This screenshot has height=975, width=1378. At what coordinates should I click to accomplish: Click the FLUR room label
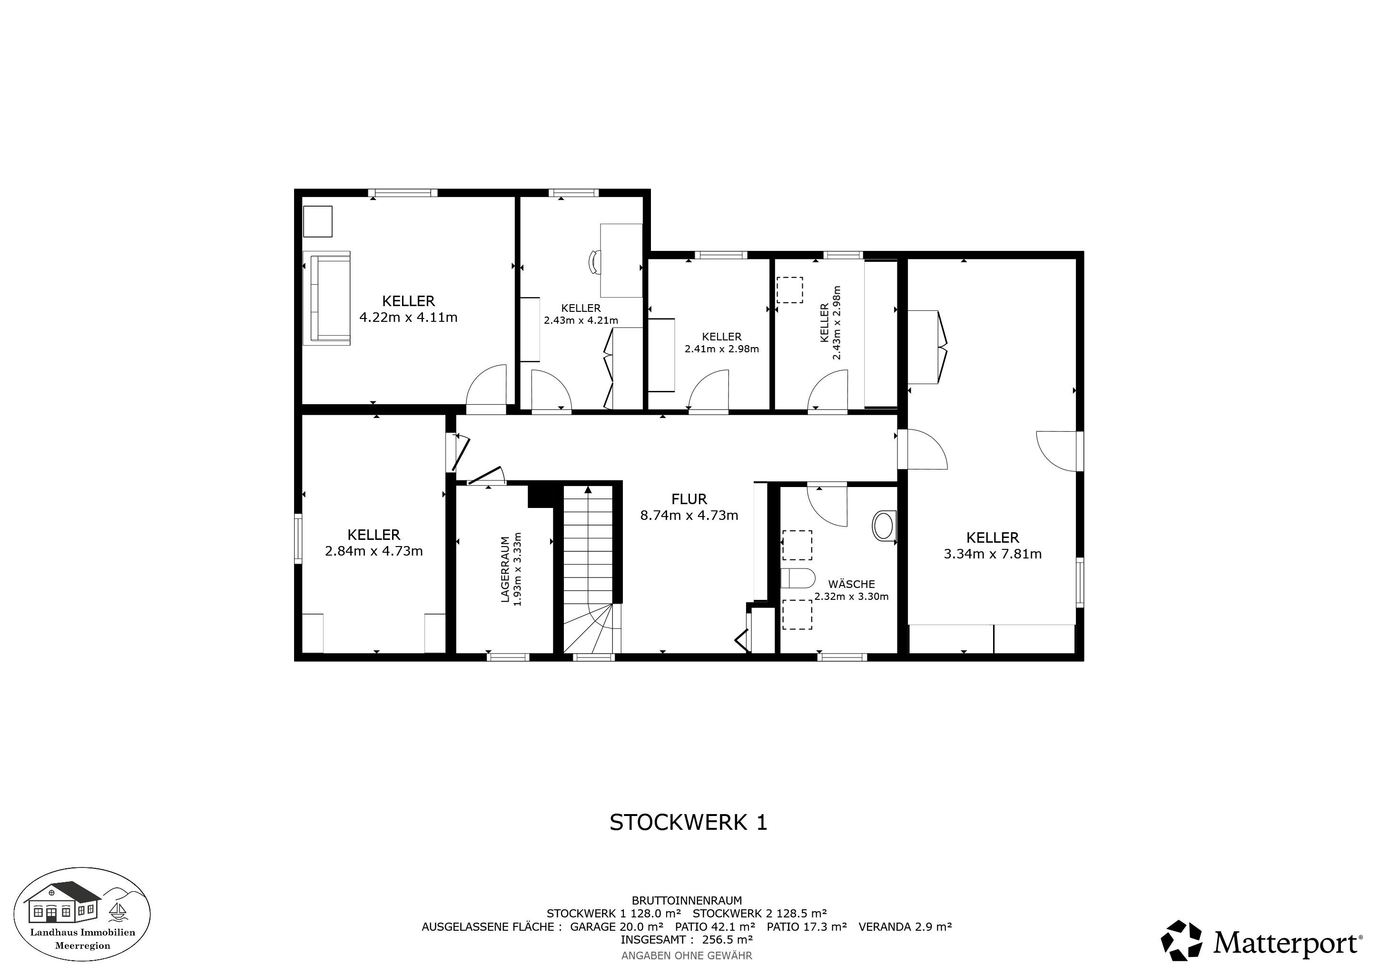689,499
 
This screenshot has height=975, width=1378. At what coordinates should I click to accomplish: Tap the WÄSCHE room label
852,584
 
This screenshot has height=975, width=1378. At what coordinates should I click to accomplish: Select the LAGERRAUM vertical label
505,569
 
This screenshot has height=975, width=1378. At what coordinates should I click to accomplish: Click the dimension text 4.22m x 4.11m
408,317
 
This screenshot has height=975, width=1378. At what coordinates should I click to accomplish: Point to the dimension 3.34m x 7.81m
993,554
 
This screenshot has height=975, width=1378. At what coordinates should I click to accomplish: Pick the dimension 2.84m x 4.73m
374,550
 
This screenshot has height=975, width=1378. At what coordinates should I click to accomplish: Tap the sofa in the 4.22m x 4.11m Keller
326,298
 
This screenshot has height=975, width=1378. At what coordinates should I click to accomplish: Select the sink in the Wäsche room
884,526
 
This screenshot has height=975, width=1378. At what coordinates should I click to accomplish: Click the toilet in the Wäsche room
797,578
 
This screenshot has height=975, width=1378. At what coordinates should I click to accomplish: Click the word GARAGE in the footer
592,926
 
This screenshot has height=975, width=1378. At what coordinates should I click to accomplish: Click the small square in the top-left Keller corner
317,221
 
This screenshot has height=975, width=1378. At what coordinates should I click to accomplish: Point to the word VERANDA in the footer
885,926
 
